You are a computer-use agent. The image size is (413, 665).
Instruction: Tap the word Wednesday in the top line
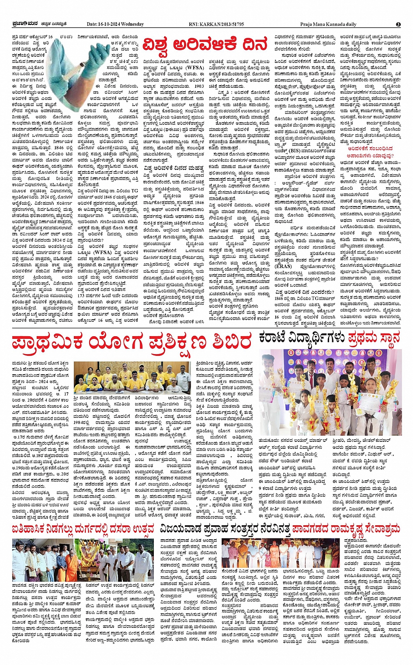pyautogui.click(x=133, y=24)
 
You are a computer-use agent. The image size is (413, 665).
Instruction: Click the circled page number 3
pyautogui.click(x=398, y=24)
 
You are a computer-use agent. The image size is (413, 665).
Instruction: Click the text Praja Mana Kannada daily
pyautogui.click(x=328, y=24)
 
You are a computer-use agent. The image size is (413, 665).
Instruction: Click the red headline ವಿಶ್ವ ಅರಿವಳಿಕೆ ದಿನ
pyautogui.click(x=205, y=45)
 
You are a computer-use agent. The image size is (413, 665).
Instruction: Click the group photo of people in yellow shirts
pyautogui.click(x=132, y=378)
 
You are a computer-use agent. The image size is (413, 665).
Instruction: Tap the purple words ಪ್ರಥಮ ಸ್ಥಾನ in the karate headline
pyautogui.click(x=375, y=338)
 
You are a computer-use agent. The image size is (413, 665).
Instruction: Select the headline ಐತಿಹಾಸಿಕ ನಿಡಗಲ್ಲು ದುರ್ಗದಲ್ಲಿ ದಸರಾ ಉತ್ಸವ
pyautogui.click(x=83, y=529)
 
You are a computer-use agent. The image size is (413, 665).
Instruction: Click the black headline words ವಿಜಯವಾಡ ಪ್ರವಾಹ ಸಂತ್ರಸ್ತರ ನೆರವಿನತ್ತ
pyautogui.click(x=225, y=529)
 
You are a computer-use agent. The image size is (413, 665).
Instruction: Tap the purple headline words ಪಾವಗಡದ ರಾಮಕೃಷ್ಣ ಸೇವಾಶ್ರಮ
pyautogui.click(x=346, y=529)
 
